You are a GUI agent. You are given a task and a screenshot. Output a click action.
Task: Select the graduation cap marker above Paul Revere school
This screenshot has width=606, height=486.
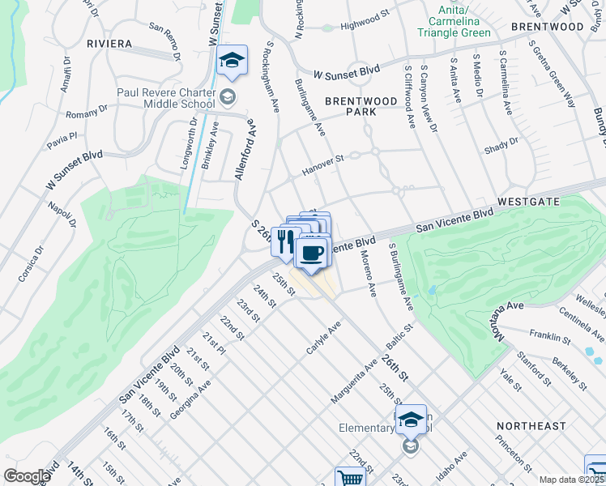232,62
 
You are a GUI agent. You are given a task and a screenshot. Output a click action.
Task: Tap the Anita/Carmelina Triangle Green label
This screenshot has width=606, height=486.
454,27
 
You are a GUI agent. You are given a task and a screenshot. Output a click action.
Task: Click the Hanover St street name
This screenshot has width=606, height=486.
323,164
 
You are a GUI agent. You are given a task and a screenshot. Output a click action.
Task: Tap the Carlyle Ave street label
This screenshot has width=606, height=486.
322,336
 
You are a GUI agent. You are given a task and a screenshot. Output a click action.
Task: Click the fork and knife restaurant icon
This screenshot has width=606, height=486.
284,241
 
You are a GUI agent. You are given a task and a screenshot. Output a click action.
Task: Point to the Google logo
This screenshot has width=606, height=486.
27,475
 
